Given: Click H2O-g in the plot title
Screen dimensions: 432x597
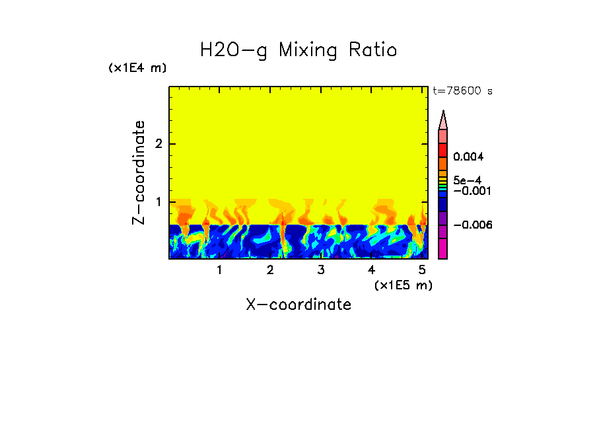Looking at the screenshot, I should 234,50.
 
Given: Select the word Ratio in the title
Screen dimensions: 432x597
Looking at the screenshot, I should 374,50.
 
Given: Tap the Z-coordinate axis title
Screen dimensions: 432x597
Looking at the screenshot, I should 139,172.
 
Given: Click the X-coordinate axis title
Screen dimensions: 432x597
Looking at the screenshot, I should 298,305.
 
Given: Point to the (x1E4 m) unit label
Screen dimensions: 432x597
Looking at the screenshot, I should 137,68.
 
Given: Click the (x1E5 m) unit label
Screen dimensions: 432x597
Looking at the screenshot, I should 403,285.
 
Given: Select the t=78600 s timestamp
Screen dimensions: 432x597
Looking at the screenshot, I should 462,91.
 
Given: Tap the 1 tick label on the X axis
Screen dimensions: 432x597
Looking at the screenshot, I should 219,270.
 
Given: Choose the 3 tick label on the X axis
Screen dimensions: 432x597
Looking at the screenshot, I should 321,270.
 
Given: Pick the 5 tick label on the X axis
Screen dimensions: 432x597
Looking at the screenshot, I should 422,270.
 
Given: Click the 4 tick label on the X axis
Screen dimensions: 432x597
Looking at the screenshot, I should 371,270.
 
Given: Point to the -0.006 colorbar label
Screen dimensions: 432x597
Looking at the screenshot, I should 472,225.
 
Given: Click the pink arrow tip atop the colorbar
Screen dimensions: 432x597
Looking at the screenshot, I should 443,120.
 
